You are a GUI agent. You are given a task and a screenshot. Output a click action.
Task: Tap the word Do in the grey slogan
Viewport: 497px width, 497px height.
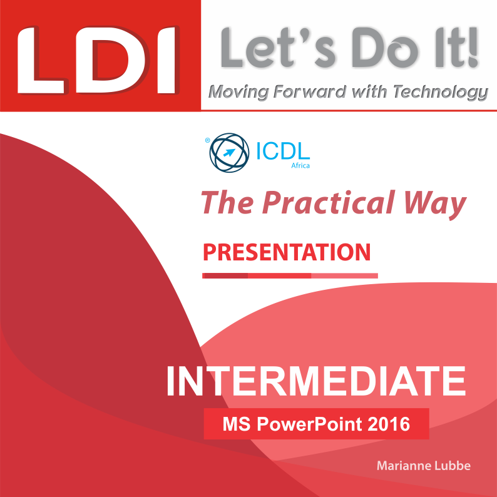tap(384, 48)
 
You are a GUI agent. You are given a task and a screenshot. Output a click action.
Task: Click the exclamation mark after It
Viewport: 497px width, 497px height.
tap(473, 48)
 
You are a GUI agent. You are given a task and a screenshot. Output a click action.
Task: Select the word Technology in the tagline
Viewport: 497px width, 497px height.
tap(441, 93)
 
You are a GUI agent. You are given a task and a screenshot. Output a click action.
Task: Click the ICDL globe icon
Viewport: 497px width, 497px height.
tap(229, 153)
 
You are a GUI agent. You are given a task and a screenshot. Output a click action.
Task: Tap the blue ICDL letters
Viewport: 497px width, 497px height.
tap(283, 151)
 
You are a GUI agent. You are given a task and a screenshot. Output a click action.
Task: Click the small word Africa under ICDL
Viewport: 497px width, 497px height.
tap(300, 165)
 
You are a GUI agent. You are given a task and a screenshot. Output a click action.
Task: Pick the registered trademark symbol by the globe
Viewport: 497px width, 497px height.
tap(208, 140)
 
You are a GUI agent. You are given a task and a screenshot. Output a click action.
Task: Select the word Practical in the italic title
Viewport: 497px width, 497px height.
tap(329, 203)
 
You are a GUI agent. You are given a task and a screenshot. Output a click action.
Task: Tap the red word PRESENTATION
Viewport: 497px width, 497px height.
tap(287, 252)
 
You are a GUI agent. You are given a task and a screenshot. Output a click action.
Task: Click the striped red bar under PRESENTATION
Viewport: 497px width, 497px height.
tap(290, 276)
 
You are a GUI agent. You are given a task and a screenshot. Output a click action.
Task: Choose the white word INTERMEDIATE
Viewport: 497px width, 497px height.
tap(316, 381)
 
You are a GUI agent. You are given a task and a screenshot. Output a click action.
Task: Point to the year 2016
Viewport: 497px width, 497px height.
tap(389, 424)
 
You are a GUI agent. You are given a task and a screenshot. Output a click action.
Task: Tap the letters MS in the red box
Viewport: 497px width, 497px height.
tap(237, 424)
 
